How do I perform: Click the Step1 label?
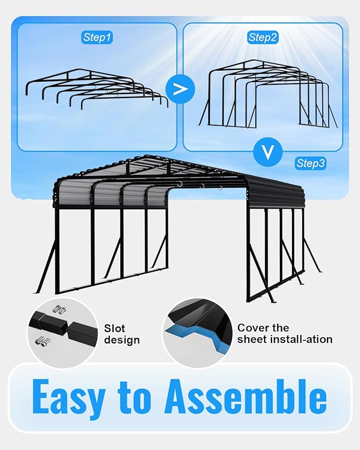pyautogui.click(x=98, y=37)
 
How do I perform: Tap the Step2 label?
pyautogui.click(x=264, y=37)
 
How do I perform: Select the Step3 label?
pyautogui.click(x=311, y=163)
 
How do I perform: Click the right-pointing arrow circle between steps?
pyautogui.click(x=180, y=89)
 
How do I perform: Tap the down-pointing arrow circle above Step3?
pyautogui.click(x=268, y=153)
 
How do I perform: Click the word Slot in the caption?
pyautogui.click(x=115, y=329)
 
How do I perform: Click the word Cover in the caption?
pyautogui.click(x=253, y=328)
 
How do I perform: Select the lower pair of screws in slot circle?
pyautogui.click(x=42, y=341)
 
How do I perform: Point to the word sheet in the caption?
pyautogui.click(x=251, y=339)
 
